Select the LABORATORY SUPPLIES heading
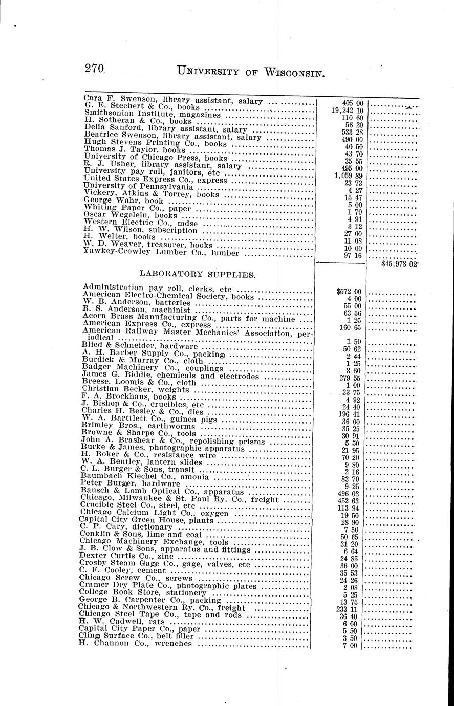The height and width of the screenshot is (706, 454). (198, 274)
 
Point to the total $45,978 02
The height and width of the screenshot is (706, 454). (400, 264)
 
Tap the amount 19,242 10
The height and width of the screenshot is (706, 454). (348, 110)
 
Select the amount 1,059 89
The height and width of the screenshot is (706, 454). (349, 175)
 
